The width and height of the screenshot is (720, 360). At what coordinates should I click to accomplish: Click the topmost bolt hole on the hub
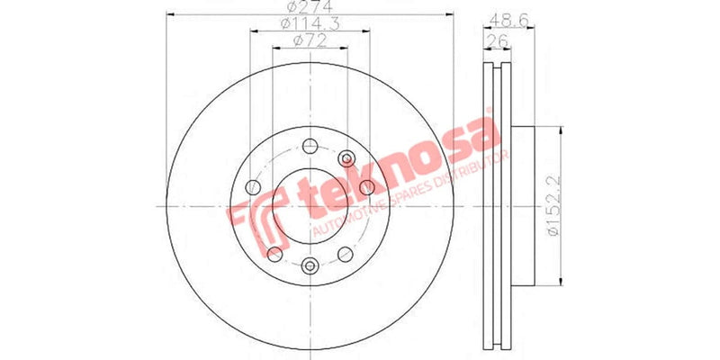310,147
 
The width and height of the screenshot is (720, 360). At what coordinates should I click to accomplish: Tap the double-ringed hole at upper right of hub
349,159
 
